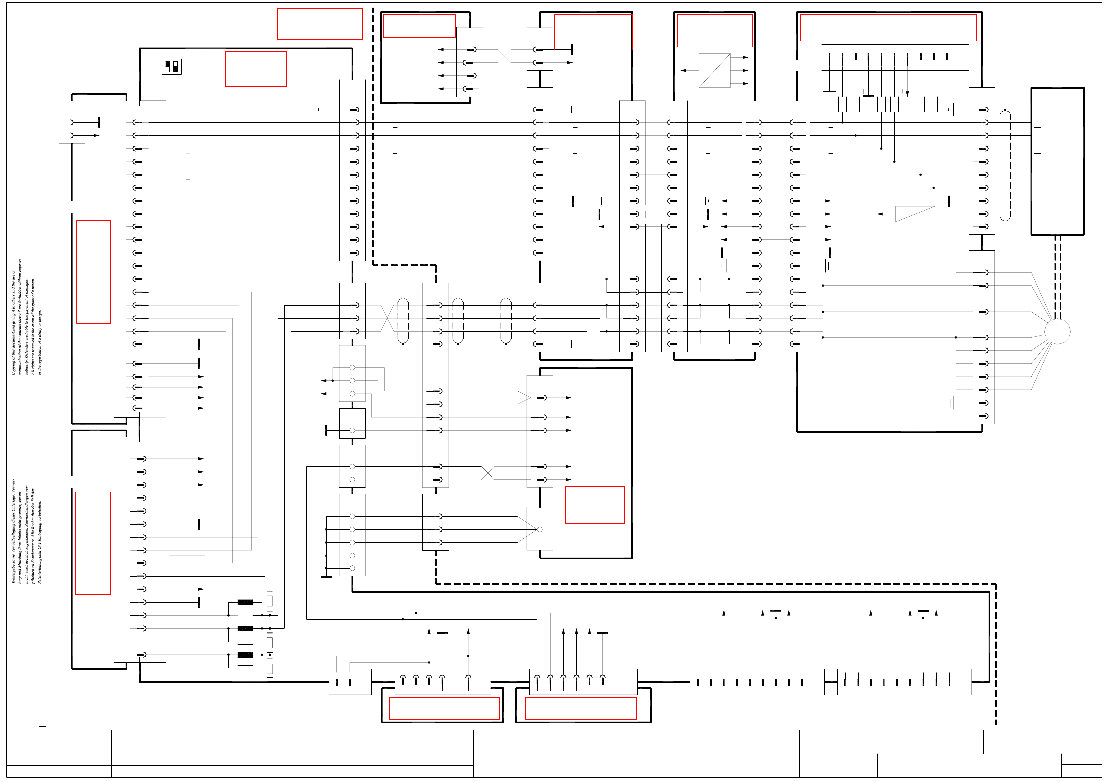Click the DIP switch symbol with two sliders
tap(172, 67)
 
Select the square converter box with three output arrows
tap(714, 70)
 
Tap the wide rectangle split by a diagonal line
tap(915, 214)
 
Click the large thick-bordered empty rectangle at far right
tap(1057, 161)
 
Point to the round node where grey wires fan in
tap(1057, 331)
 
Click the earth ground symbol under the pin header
tap(829, 93)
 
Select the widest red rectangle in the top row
tap(888, 27)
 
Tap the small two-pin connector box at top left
tap(72, 122)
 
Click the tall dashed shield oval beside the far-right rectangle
tap(1005, 165)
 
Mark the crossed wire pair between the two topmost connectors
tap(504, 56)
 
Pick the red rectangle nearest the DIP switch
tap(255, 69)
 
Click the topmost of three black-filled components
tap(245, 602)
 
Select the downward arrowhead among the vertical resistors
tap(907, 93)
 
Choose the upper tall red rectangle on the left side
tap(93, 272)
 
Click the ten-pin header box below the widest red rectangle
tap(894, 57)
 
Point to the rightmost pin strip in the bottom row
tap(904, 682)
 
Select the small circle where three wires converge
tap(539, 529)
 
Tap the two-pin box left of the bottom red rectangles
tap(350, 682)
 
